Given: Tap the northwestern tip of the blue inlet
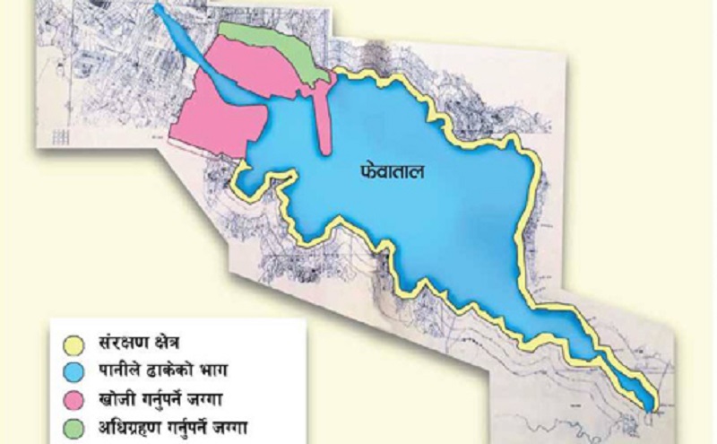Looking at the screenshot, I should (x=159, y=9).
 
